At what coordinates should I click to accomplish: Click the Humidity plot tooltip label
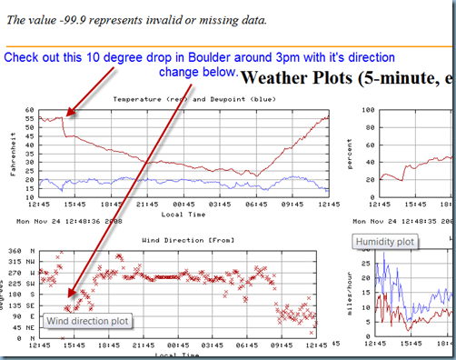coord(385,242)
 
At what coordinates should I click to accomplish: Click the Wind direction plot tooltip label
coord(87,321)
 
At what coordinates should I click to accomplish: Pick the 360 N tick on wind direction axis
coord(20,251)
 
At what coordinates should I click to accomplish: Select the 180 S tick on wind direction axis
coord(20,295)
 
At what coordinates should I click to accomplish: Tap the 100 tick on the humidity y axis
coord(368,108)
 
